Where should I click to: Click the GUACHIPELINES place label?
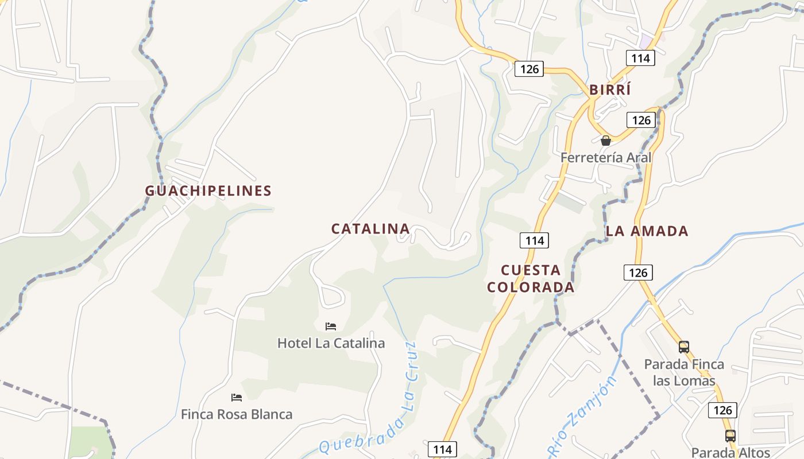point(208,191)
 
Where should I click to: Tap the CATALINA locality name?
point(370,229)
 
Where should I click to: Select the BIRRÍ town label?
point(610,90)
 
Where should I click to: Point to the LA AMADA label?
point(647,231)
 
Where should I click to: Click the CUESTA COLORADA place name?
point(531,278)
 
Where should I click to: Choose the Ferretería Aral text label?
point(606,157)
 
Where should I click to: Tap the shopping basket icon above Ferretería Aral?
point(605,141)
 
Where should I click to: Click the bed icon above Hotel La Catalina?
point(331,326)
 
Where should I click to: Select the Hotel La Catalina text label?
point(331,343)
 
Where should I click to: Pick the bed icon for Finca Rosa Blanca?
point(236,397)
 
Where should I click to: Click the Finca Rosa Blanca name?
point(237,414)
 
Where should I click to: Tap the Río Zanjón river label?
point(583,417)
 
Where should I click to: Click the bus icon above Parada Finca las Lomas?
point(683,347)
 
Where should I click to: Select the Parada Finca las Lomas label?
point(684,372)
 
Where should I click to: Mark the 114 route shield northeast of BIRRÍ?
point(640,58)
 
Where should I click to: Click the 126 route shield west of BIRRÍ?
point(529,69)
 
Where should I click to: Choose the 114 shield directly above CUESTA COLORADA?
point(534,240)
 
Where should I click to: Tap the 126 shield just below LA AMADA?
point(638,273)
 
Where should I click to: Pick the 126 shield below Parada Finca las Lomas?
point(722,410)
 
